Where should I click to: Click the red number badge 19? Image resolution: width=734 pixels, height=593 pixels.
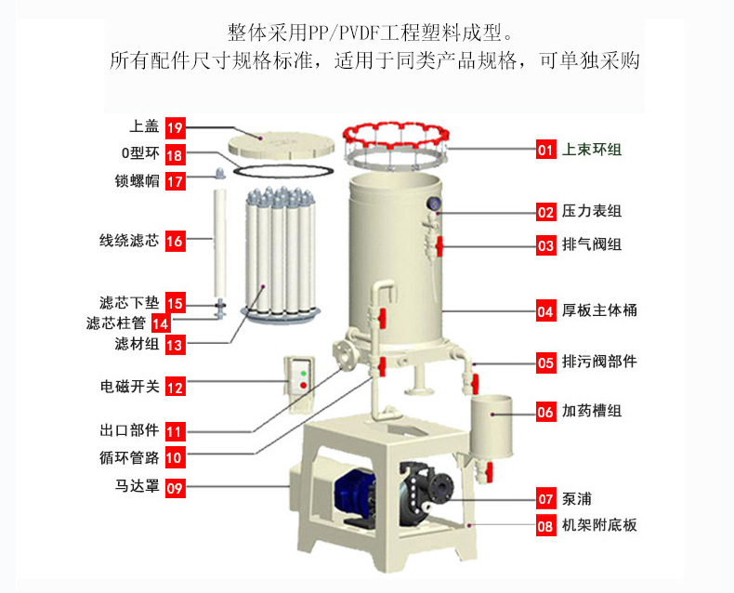coord(176,127)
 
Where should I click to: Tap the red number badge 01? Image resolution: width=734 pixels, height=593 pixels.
coord(545,149)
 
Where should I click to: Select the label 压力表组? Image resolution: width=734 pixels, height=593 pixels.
coord(592,212)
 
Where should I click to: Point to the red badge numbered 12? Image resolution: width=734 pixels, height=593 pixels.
coord(175,387)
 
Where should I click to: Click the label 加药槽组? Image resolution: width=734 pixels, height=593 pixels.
coord(592,411)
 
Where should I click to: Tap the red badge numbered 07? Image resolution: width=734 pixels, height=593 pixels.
coord(545,497)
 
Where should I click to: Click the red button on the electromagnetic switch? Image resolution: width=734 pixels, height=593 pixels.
coord(302,385)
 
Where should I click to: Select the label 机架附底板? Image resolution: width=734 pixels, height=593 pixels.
coord(599,526)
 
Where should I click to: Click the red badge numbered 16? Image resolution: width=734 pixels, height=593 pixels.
coord(175,242)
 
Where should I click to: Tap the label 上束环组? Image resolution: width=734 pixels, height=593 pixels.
coord(592,149)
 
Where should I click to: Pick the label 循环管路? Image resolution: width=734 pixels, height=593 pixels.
coord(128,457)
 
